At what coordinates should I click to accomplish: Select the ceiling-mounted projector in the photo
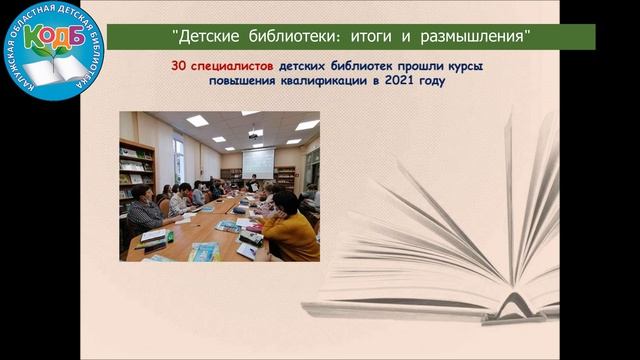click(x=256, y=132)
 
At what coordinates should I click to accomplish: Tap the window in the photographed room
click(x=178, y=159)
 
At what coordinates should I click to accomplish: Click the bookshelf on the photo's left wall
click(x=136, y=170)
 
